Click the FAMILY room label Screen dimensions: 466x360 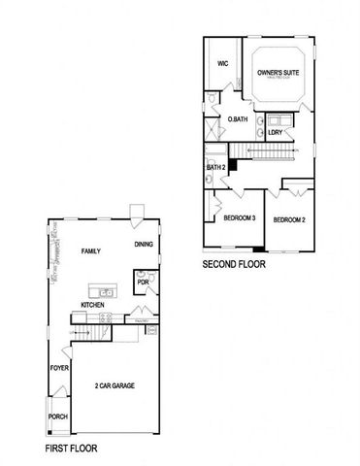91,251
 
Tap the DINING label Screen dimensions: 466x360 144,245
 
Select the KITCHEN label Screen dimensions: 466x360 93,304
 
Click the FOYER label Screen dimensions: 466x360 59,370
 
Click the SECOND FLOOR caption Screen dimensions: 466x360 233,264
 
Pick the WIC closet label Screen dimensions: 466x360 222,63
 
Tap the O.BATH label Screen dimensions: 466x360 237,119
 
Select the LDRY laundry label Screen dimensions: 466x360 276,132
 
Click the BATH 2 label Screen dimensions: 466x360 216,168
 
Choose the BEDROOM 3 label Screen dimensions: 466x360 239,218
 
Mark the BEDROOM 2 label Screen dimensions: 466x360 289,220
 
